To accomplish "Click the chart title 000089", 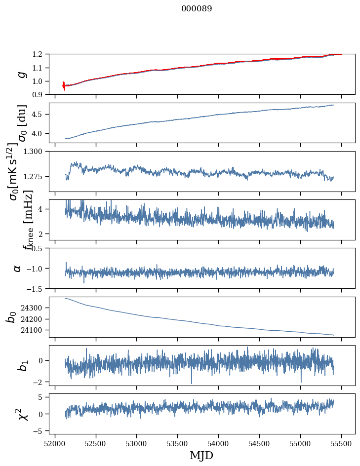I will pyautogui.click(x=197, y=9).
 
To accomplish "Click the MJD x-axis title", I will pyautogui.click(x=201, y=455).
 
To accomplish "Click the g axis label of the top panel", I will pyautogui.click(x=21, y=74).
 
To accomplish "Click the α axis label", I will pyautogui.click(x=17, y=268).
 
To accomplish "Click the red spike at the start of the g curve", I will pyautogui.click(x=64, y=86).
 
